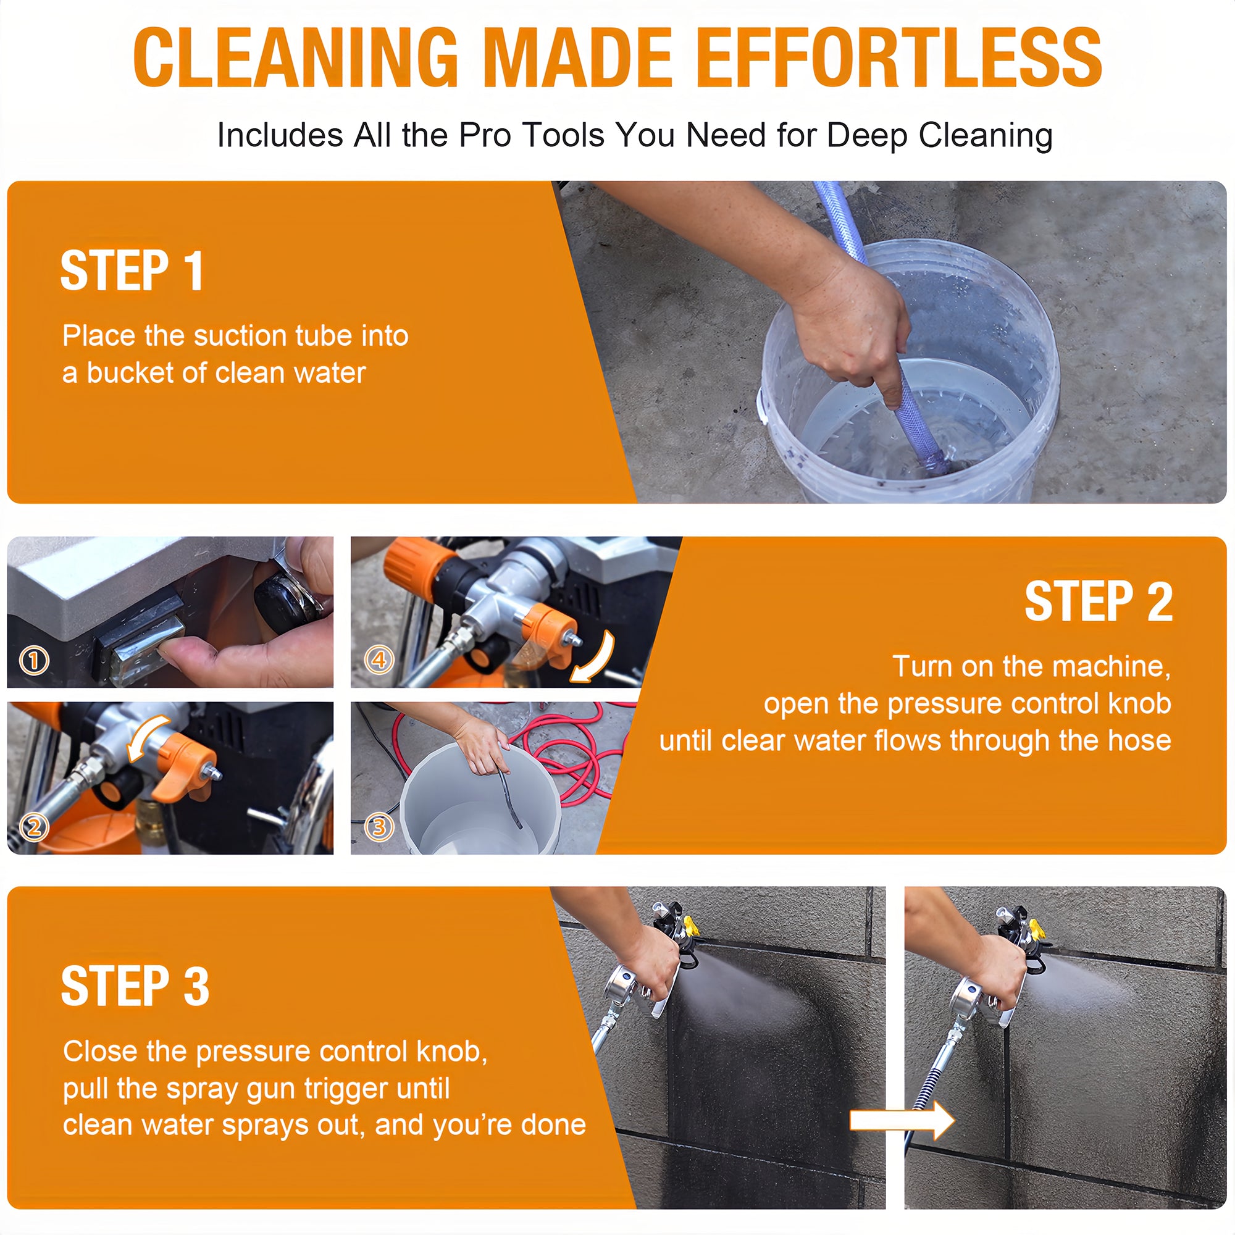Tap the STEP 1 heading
click(132, 271)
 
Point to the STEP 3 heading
click(135, 986)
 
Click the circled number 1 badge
click(35, 660)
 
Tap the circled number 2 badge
click(35, 827)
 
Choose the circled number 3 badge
click(379, 827)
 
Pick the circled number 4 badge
click(379, 659)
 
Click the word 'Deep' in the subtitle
click(868, 135)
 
